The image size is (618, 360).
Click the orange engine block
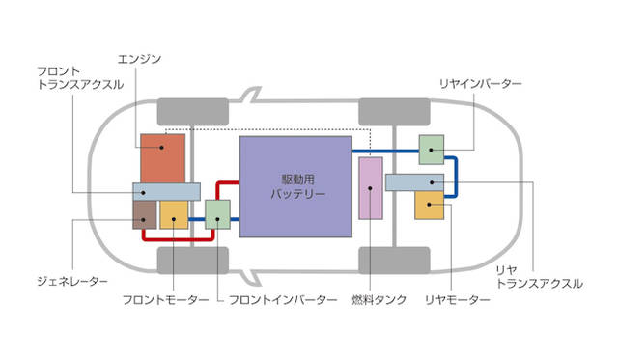[163, 158]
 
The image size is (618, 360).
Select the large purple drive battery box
[295, 186]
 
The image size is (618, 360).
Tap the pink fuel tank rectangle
[371, 188]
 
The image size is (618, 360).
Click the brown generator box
[144, 214]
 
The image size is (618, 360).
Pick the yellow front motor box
[174, 214]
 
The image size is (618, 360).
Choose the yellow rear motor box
[429, 206]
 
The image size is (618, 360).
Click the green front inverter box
[217, 214]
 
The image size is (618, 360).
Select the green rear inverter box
[432, 150]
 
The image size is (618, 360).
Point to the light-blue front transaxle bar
[166, 192]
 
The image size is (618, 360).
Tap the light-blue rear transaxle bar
[414, 182]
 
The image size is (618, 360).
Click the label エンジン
[139, 59]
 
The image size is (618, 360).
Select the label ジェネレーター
[72, 281]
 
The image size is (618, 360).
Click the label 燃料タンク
[379, 300]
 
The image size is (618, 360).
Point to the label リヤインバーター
[481, 84]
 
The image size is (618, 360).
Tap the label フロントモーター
[165, 300]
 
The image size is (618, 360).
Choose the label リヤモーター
[457, 300]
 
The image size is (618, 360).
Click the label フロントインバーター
[283, 300]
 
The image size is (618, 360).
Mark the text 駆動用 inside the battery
[298, 180]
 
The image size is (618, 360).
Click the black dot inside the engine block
[161, 148]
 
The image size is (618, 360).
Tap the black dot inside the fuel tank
[370, 188]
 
